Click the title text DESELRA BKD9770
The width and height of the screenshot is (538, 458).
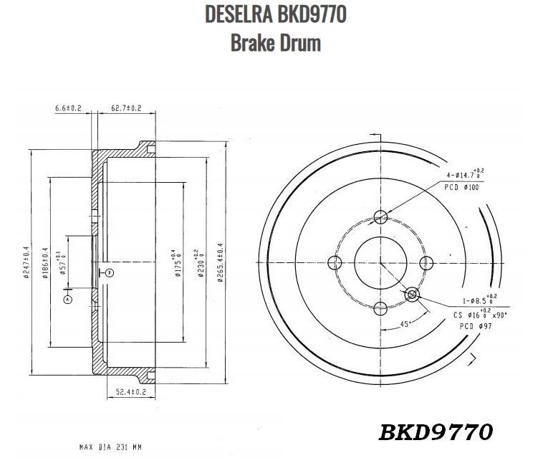(275, 14)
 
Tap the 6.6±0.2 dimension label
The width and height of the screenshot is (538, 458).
(68, 108)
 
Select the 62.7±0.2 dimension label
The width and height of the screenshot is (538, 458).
(126, 108)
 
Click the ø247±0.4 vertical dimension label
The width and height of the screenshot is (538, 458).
(26, 264)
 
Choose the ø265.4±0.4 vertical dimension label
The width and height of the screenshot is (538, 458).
(219, 264)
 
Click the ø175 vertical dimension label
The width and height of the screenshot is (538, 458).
(173, 264)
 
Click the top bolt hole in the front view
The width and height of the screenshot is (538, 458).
(381, 216)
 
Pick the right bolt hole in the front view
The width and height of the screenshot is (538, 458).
(427, 262)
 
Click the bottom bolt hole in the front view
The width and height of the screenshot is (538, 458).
(381, 308)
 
